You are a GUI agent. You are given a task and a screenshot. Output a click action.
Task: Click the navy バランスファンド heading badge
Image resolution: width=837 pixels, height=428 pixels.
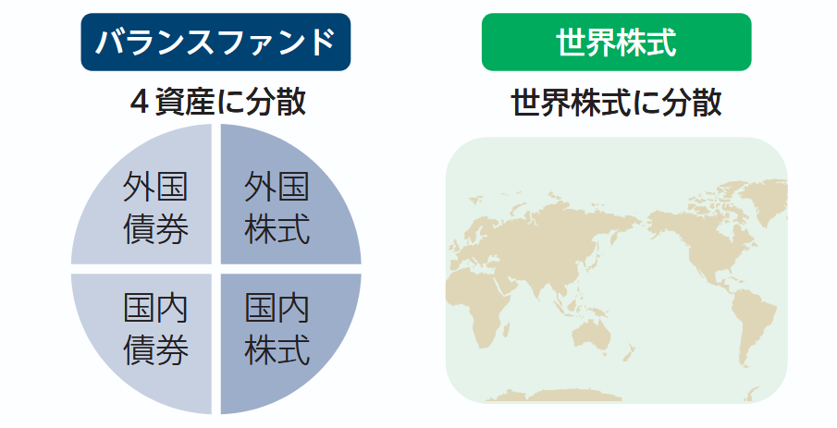coord(215,42)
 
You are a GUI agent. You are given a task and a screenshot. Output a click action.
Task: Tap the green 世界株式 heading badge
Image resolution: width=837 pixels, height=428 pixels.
coord(616,42)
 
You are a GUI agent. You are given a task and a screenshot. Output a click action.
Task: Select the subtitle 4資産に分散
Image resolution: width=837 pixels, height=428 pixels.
coord(216,102)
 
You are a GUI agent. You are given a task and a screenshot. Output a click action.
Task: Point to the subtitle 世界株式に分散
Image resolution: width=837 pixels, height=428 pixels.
coord(616,102)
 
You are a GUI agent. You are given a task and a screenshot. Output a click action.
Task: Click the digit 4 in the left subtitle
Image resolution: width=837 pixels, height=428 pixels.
coord(140,103)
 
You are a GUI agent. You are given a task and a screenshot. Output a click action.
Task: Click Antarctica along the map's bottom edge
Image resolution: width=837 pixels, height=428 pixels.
coord(592,396)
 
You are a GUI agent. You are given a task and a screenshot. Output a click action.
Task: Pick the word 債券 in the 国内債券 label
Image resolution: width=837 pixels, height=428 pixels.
coord(155,350)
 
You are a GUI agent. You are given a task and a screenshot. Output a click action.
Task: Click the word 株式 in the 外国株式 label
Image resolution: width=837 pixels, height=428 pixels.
coord(277,228)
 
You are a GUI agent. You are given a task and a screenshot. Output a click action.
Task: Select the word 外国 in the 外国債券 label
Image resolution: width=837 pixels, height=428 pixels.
coord(155,188)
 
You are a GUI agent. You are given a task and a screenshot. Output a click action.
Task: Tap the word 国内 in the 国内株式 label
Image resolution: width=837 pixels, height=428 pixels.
coord(277,309)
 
